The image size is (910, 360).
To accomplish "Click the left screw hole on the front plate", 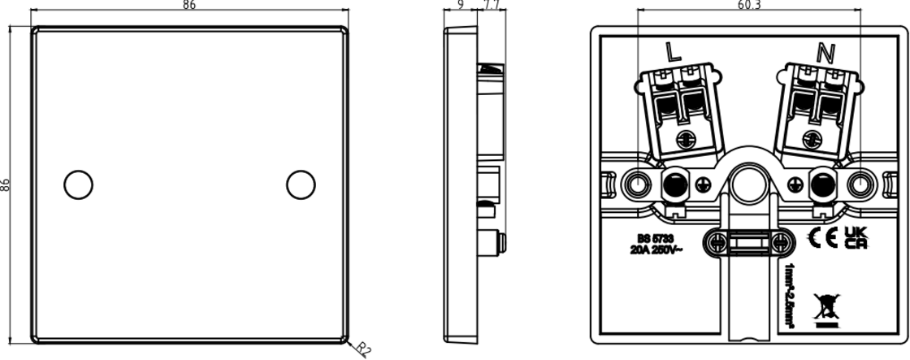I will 79,184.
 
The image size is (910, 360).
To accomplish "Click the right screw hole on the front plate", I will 301,184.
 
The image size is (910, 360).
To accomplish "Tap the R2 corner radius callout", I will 362,349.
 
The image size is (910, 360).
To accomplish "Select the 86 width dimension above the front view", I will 188,5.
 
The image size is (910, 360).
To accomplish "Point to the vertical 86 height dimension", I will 6,184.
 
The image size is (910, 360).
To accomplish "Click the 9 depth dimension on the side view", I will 461,5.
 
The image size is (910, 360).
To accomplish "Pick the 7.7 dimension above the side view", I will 491,5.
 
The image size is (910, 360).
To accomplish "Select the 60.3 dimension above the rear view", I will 749,5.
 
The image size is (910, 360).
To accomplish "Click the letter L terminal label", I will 673,53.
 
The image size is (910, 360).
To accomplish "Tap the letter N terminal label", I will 825,53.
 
